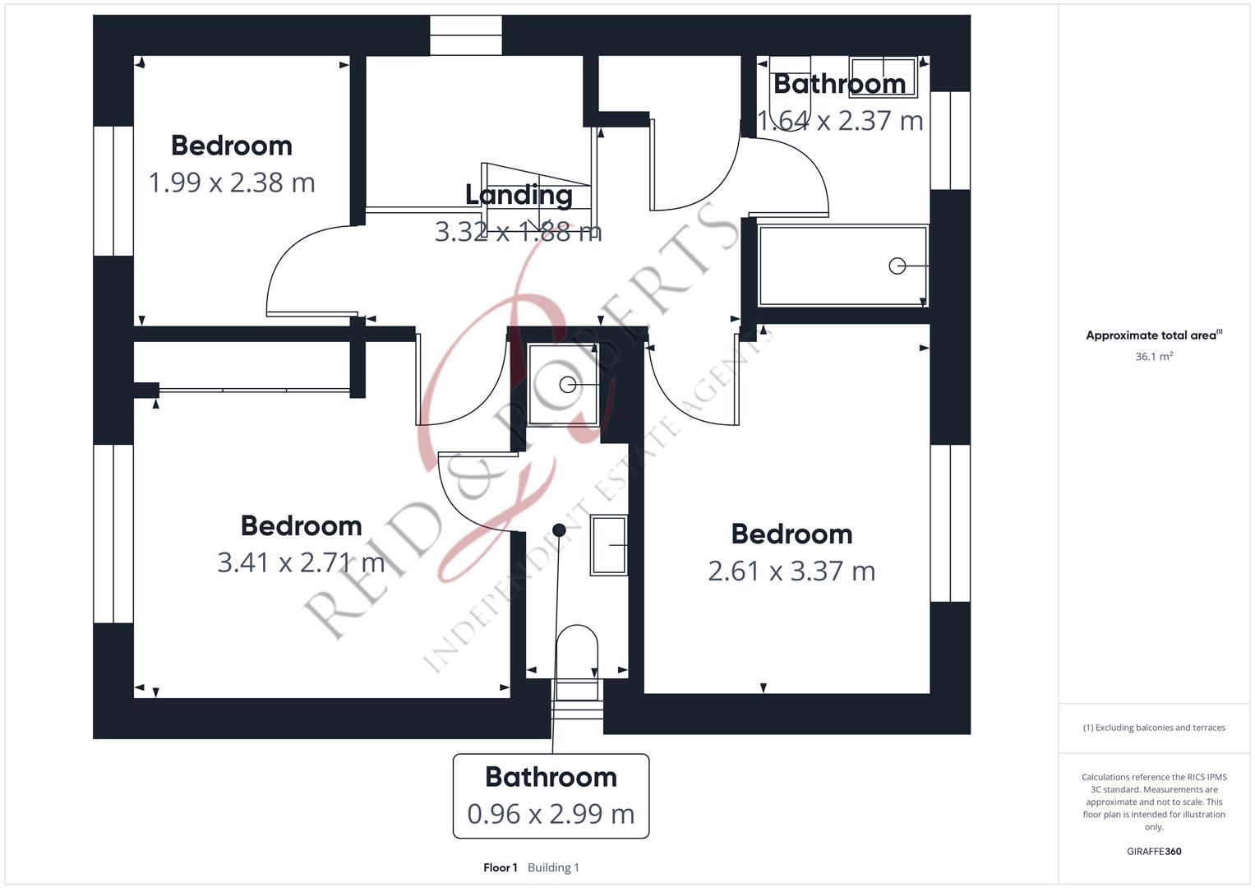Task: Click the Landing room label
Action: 519,196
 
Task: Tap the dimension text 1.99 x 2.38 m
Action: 232,183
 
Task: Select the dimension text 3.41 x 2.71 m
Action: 302,562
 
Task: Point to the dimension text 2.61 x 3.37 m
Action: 791,571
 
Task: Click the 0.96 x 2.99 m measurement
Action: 551,814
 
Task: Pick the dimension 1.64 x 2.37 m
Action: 840,121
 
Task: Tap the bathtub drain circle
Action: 897,266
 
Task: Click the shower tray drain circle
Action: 568,385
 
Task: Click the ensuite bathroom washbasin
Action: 609,545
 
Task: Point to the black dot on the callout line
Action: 559,530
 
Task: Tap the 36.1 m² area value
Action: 1154,357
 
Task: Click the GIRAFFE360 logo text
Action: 1154,852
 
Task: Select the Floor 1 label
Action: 501,867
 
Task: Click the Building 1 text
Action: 554,867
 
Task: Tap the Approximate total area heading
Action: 1154,335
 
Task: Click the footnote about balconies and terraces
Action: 1154,728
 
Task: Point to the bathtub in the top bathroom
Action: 843,266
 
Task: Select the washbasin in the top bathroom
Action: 883,76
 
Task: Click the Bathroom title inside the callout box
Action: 551,777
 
